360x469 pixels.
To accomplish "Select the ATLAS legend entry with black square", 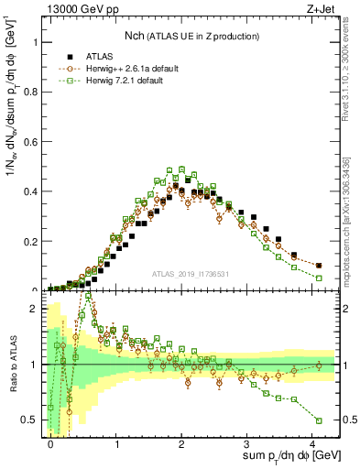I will pos(91,56).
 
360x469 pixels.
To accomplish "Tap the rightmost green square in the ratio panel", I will pos(319,420).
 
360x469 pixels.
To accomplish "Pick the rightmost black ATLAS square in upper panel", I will pos(319,266).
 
